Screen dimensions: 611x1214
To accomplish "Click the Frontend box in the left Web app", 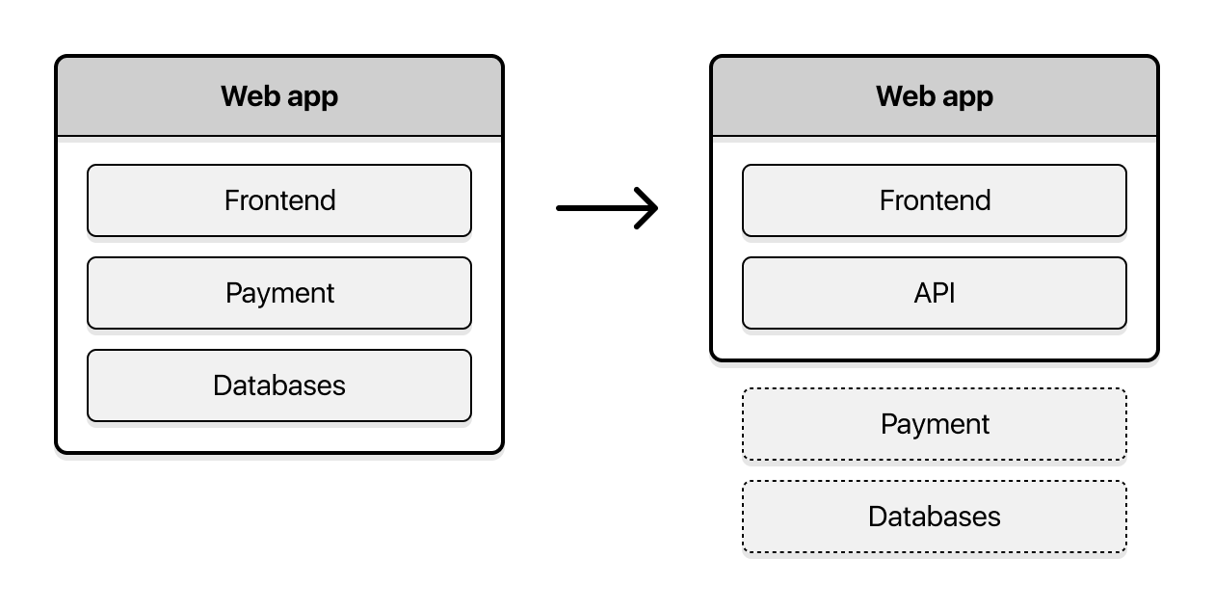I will [x=279, y=200].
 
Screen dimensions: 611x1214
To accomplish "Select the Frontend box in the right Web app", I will [x=934, y=200].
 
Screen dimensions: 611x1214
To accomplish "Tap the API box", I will [x=934, y=293].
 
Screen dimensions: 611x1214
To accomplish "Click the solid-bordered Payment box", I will [x=279, y=293].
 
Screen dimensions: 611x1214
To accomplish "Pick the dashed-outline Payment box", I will [x=934, y=424].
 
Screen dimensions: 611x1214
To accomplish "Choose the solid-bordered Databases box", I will [x=279, y=385].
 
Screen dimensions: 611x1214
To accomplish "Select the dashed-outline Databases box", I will [x=934, y=517].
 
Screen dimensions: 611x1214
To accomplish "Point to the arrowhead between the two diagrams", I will [x=649, y=207].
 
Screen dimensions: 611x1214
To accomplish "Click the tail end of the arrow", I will [x=561, y=207].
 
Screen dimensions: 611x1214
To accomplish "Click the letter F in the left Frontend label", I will [x=232, y=200].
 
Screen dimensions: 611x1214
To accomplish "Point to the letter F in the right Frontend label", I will [x=887, y=200].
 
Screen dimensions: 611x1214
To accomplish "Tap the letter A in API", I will [x=921, y=293].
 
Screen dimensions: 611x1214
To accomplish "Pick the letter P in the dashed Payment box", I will [x=888, y=424].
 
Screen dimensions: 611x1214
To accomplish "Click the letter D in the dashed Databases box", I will [x=877, y=517].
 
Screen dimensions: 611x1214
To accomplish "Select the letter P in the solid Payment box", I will [x=233, y=293].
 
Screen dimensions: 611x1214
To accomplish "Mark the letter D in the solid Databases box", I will [x=222, y=385].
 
